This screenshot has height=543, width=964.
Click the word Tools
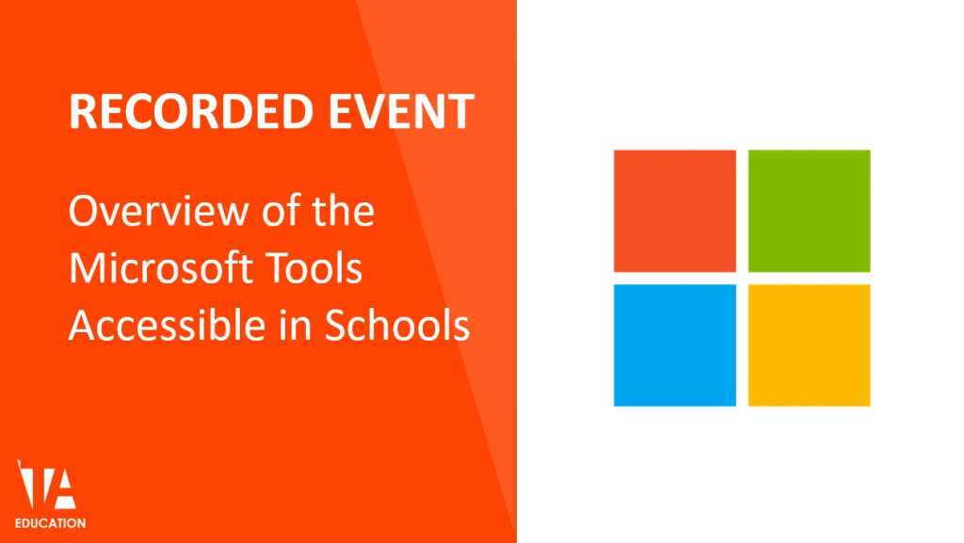pyautogui.click(x=319, y=269)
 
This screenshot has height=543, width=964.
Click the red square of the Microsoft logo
pyautogui.click(x=674, y=211)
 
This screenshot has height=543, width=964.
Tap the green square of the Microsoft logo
pyautogui.click(x=809, y=211)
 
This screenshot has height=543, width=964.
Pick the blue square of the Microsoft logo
pyautogui.click(x=674, y=345)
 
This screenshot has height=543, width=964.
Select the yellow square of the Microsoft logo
pyautogui.click(x=809, y=345)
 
